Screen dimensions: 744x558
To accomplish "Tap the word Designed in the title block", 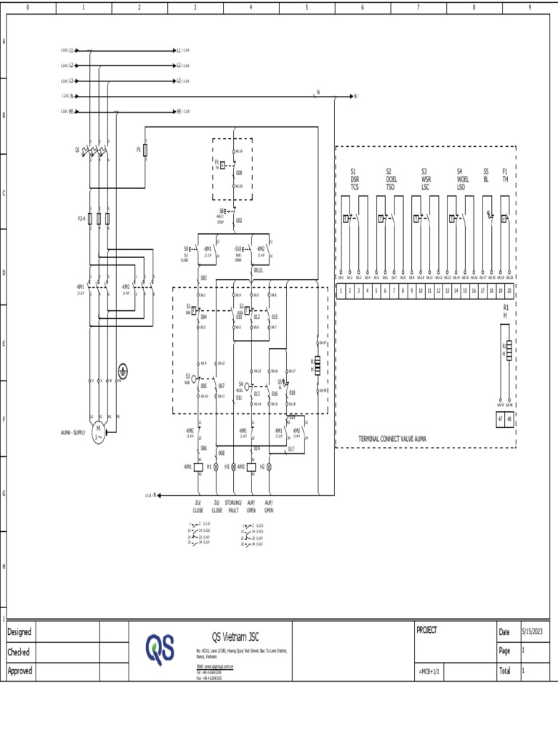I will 20,631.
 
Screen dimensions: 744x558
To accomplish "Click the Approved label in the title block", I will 20,671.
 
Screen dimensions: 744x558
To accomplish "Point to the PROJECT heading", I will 426,630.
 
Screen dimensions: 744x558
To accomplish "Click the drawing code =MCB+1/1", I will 429,671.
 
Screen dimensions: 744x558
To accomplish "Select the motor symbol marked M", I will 98,434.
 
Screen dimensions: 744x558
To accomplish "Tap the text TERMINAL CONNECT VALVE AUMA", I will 392,439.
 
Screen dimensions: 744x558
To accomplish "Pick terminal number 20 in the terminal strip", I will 509,291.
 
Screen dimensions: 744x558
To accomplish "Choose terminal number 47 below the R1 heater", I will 501,419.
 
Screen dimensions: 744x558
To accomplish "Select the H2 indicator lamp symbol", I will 269,466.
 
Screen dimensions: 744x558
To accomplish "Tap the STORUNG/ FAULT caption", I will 233,506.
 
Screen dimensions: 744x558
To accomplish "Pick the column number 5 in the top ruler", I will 307,7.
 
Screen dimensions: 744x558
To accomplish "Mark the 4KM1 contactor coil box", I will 198,466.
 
